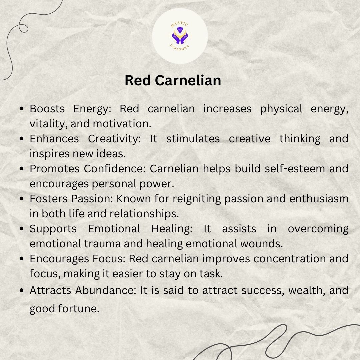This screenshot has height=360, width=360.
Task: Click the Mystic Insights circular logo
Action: (x=180, y=36)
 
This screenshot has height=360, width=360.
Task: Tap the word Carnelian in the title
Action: (x=188, y=80)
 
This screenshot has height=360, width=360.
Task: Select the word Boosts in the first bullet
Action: (x=47, y=109)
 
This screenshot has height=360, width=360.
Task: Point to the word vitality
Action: (x=49, y=124)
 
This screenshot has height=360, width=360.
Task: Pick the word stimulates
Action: (x=193, y=139)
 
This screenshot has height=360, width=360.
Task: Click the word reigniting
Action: (x=197, y=199)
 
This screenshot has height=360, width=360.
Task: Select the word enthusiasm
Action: (x=319, y=199)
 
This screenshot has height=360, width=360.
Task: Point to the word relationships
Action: (x=144, y=214)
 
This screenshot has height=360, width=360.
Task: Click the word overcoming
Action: (x=318, y=229)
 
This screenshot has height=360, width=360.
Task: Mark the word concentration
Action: (x=290, y=259)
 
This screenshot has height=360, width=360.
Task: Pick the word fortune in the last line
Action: (x=79, y=309)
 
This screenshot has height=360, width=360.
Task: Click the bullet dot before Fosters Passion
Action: (x=22, y=199)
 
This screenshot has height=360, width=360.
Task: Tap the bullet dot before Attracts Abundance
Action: (x=22, y=290)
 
